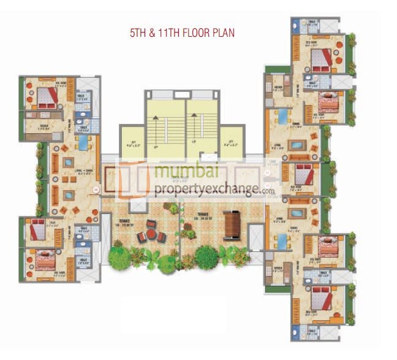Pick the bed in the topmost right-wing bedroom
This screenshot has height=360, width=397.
pyautogui.click(x=320, y=59)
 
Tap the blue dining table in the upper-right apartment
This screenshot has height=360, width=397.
pyautogui.click(x=283, y=116)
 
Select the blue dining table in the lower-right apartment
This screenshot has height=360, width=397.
pyautogui.click(x=283, y=240)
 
